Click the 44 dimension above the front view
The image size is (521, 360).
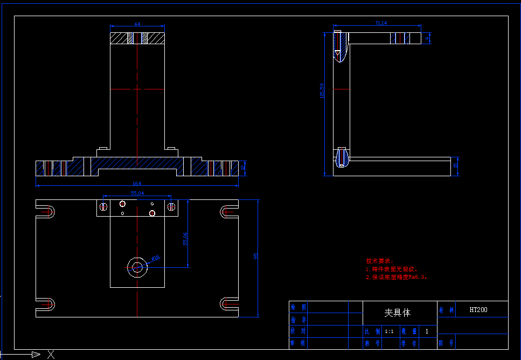137,24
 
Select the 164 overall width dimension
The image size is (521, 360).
137,184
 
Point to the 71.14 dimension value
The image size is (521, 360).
380,23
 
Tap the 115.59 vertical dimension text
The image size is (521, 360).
322,91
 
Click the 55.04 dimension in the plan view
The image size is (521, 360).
137,193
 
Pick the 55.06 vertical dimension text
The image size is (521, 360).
185,239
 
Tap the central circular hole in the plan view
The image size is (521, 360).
137,266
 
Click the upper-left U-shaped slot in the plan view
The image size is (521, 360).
46,211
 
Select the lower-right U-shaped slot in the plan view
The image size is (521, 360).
228,304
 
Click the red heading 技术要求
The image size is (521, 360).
379,261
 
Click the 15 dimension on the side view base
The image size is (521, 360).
455,165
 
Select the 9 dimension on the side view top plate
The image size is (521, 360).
428,38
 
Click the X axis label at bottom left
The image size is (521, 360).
51,354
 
